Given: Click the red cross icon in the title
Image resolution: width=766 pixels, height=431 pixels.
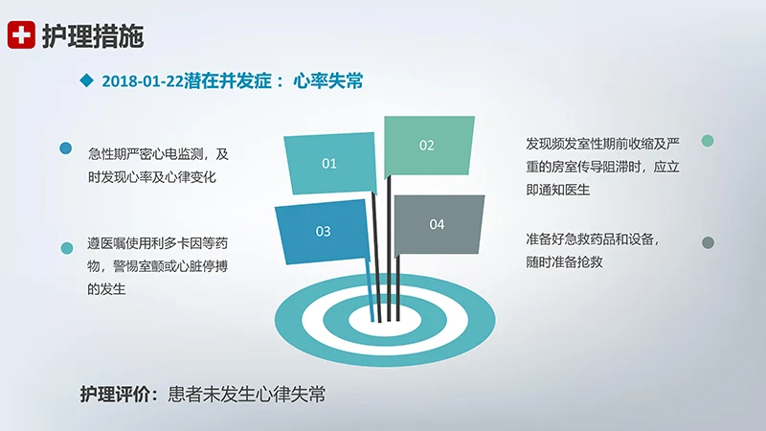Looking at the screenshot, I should coord(21,35).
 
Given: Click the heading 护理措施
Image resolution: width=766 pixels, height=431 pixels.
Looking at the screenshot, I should coord(92,36).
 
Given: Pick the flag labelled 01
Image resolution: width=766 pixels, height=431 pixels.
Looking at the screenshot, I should coord(329,163).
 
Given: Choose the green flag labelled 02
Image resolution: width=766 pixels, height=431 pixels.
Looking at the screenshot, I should coord(427,146).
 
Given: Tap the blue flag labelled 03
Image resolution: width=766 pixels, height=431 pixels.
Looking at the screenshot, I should coord(323,231).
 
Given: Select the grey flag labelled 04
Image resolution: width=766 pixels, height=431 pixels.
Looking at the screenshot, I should coord(437,224).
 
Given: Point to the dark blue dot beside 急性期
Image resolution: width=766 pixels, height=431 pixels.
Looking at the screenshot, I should coord(66,148).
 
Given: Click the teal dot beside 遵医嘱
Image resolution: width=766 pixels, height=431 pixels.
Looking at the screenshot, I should coord(67,248).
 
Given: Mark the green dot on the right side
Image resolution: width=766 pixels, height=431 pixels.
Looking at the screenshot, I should coord(708,141).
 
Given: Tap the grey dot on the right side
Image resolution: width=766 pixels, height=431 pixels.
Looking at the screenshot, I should coord(708,242).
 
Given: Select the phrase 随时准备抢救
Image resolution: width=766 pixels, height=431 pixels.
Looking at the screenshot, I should coord(569,261).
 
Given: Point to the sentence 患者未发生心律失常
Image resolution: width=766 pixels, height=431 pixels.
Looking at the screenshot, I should coord(246,394).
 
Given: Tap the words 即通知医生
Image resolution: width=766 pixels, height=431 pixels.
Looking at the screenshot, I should coord(558,189).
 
